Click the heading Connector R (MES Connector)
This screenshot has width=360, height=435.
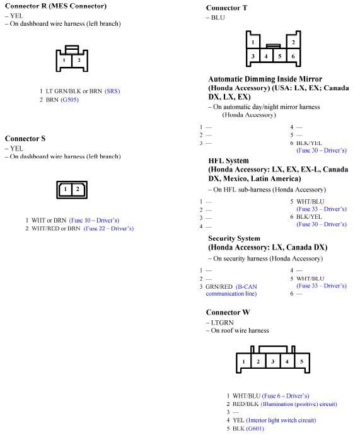(x=55, y=6)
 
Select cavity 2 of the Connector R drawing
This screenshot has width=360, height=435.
(x=79, y=61)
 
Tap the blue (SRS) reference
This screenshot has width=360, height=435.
(x=112, y=91)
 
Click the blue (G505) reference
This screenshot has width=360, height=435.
(x=69, y=100)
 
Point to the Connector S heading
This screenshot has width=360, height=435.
(x=25, y=138)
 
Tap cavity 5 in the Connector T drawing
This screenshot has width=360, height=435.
(x=280, y=56)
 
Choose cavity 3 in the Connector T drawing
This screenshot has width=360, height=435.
(x=253, y=56)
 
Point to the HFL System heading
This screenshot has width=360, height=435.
(x=228, y=161)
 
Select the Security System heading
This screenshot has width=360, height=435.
(x=234, y=238)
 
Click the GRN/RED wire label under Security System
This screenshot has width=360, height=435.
(x=219, y=286)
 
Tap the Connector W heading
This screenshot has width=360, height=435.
(x=228, y=312)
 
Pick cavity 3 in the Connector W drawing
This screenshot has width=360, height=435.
(x=272, y=362)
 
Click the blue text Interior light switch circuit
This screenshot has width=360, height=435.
(x=281, y=420)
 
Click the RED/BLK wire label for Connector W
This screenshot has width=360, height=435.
(x=245, y=403)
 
